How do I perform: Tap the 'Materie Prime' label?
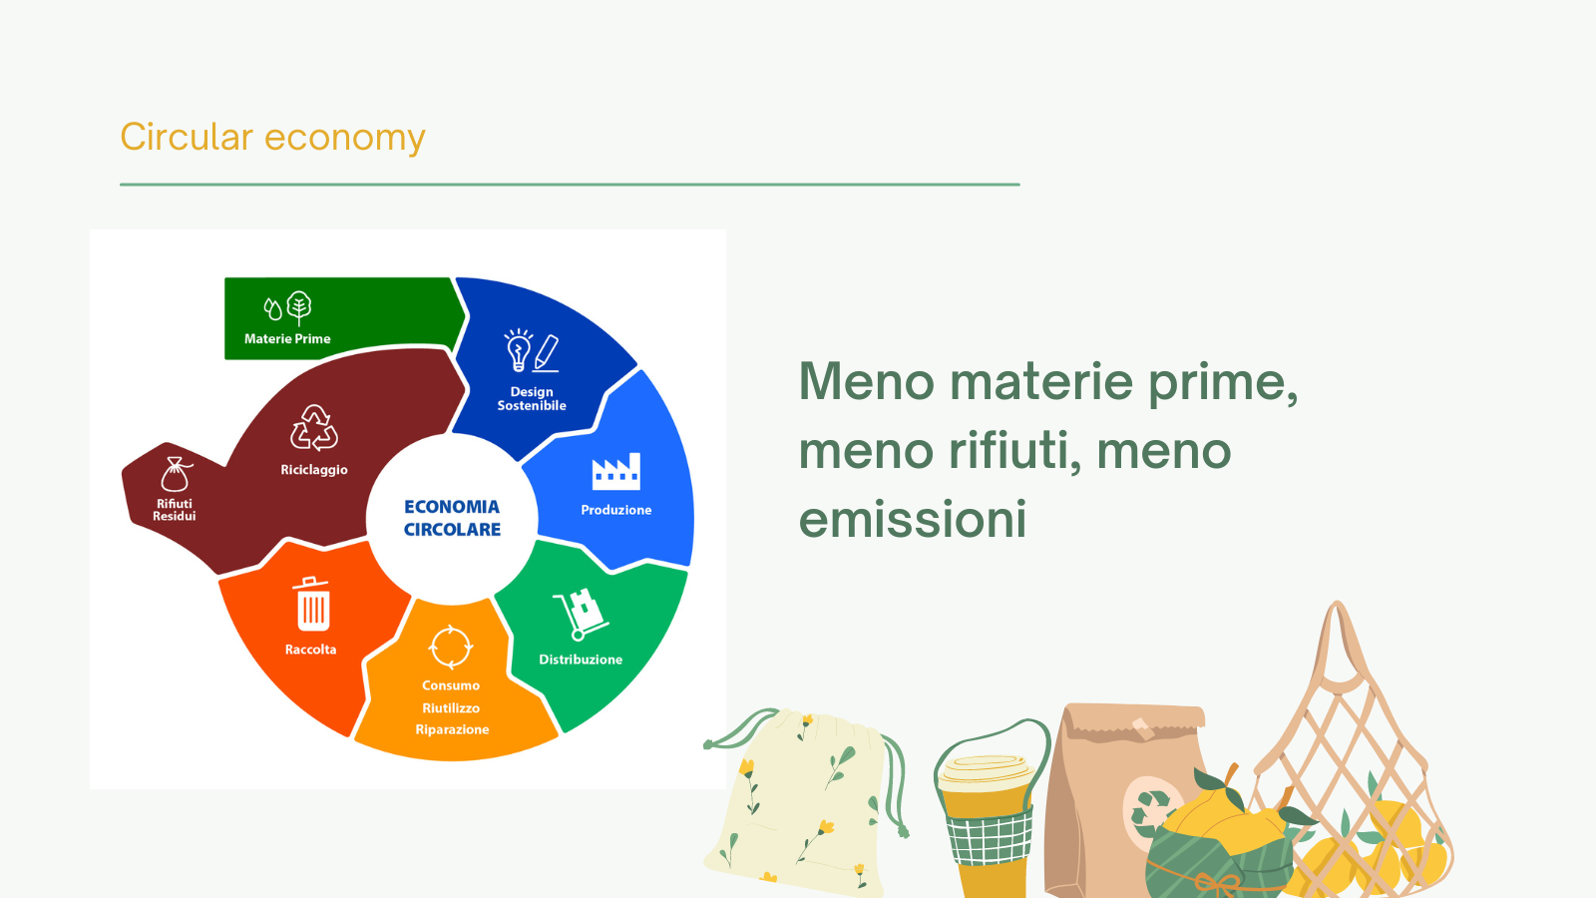coord(287,338)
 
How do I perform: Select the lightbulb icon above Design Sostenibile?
coord(519,350)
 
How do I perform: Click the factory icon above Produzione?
coord(616,471)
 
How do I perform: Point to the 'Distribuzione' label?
coord(581,660)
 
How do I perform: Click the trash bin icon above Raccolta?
coord(312,604)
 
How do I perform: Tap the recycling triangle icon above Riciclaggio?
coord(314,428)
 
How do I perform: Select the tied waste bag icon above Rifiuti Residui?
coord(176,474)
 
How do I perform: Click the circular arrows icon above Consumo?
coord(450,648)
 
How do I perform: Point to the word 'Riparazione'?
coord(452,729)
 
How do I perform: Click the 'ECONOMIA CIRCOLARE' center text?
coord(452,518)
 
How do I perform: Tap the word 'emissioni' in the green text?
coord(912,519)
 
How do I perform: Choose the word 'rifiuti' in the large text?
coord(1014,451)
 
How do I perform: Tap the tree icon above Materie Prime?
coord(299,308)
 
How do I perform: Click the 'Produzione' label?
coord(616,510)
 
